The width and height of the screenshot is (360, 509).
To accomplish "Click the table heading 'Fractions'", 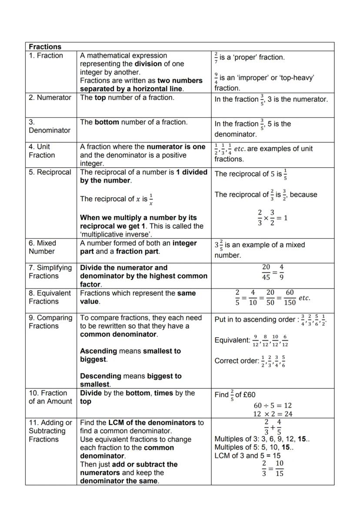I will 45,47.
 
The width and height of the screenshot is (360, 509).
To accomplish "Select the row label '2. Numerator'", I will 50,97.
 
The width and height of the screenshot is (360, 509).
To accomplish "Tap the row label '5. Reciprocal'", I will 50,172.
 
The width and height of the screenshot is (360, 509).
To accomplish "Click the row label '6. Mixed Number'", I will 43,247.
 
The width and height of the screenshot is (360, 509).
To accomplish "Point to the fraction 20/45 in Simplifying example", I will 266,272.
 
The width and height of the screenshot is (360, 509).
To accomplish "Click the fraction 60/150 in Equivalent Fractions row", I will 290,298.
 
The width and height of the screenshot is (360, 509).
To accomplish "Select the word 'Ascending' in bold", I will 99,351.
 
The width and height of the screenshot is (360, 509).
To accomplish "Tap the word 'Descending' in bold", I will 100,376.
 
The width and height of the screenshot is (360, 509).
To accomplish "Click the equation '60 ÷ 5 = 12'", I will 273,405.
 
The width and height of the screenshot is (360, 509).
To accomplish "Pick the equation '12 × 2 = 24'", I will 273,414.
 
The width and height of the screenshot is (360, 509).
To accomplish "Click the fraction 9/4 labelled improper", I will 216,78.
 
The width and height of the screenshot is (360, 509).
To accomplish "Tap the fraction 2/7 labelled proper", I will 216,57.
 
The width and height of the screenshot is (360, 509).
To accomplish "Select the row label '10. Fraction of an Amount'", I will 50,397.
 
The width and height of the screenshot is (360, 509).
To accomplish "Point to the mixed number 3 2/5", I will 219,246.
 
